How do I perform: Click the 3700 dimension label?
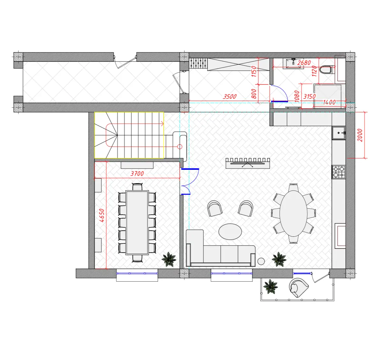click(x=137, y=174)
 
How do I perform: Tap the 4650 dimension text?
click(x=101, y=215)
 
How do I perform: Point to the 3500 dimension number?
click(x=230, y=97)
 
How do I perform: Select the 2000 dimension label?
click(x=360, y=135)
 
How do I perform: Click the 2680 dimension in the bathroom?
click(x=304, y=63)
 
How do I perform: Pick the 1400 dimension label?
click(x=329, y=102)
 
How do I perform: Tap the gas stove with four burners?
click(x=339, y=172)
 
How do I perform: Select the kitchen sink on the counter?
click(x=339, y=133)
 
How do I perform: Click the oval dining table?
click(x=293, y=213)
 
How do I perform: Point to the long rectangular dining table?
click(x=137, y=223)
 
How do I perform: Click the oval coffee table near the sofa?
click(x=230, y=232)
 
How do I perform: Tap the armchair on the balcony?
click(x=298, y=288)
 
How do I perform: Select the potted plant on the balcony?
click(x=270, y=287)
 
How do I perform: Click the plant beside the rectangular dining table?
click(x=169, y=259)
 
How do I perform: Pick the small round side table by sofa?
click(x=261, y=261)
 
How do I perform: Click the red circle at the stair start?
click(x=180, y=147)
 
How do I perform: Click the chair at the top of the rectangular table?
click(x=137, y=187)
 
